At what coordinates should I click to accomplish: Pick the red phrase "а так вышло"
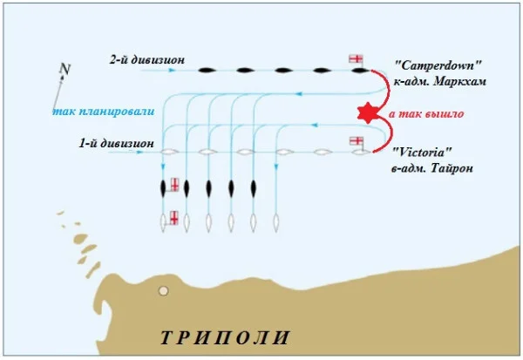coord(426,113)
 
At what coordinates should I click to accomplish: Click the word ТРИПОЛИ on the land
coord(225,337)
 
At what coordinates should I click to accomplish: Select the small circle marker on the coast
coord(162,291)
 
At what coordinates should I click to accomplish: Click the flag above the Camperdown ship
coord(356,58)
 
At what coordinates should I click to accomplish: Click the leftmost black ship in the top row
coord(207,70)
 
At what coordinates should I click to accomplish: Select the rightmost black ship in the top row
coord(359,70)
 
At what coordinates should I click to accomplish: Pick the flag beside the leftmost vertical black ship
coord(174,185)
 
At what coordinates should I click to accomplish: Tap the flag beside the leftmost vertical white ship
coord(174,218)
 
